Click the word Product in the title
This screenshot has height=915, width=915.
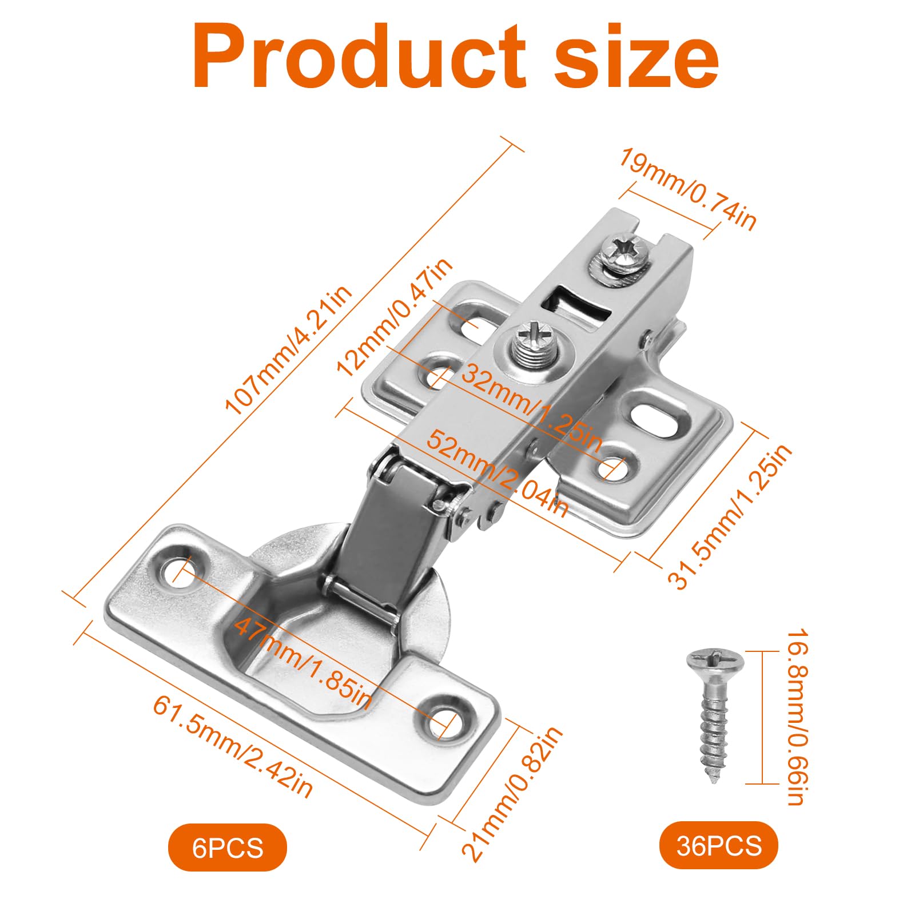(359, 56)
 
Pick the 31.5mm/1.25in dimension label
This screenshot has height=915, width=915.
(730, 516)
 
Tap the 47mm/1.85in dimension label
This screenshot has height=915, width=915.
(303, 661)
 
